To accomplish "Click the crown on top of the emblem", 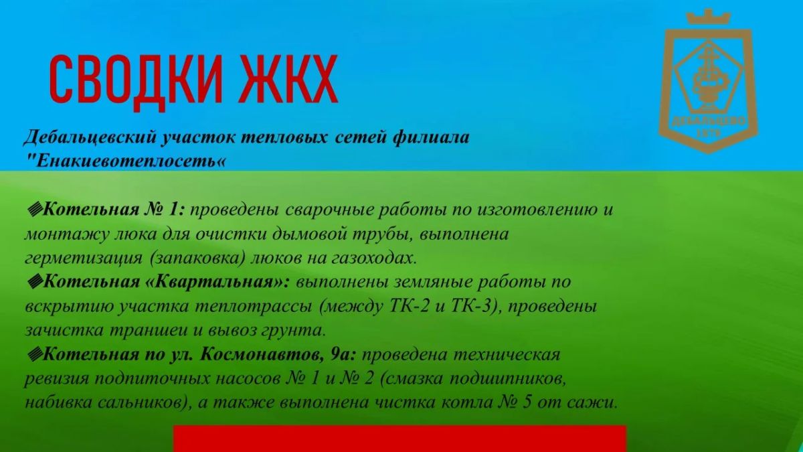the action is pyautogui.click(x=709, y=17).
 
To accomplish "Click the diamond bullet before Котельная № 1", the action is pyautogui.click(x=35, y=209).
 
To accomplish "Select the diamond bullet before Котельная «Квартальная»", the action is pyautogui.click(x=35, y=282).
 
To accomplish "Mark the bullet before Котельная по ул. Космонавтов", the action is pyautogui.click(x=35, y=355).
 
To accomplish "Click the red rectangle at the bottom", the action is pyautogui.click(x=399, y=439).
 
